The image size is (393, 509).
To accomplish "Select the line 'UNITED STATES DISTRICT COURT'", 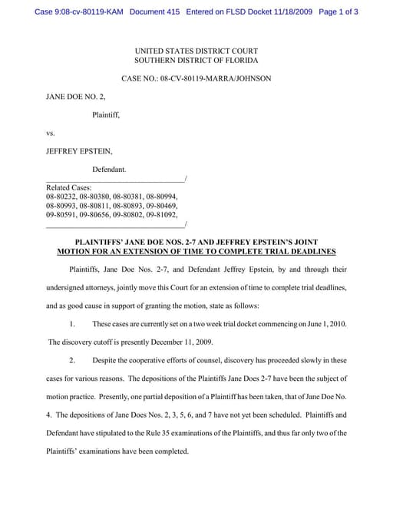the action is tap(196, 50).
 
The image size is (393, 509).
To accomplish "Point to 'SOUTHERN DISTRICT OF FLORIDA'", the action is tap(196, 60).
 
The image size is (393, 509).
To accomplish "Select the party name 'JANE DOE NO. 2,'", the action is tap(75, 98).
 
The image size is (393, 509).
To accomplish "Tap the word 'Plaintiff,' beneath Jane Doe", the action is tap(106, 115).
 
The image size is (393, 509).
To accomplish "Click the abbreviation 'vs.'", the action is tap(51, 133).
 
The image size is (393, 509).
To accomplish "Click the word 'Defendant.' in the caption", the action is tap(109, 169).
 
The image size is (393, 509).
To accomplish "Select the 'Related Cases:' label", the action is tap(69, 187).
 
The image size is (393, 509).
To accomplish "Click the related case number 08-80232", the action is tap(61, 197).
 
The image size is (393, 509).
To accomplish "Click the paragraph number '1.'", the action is tap(73, 325).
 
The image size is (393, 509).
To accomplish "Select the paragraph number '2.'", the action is tap(73, 360).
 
